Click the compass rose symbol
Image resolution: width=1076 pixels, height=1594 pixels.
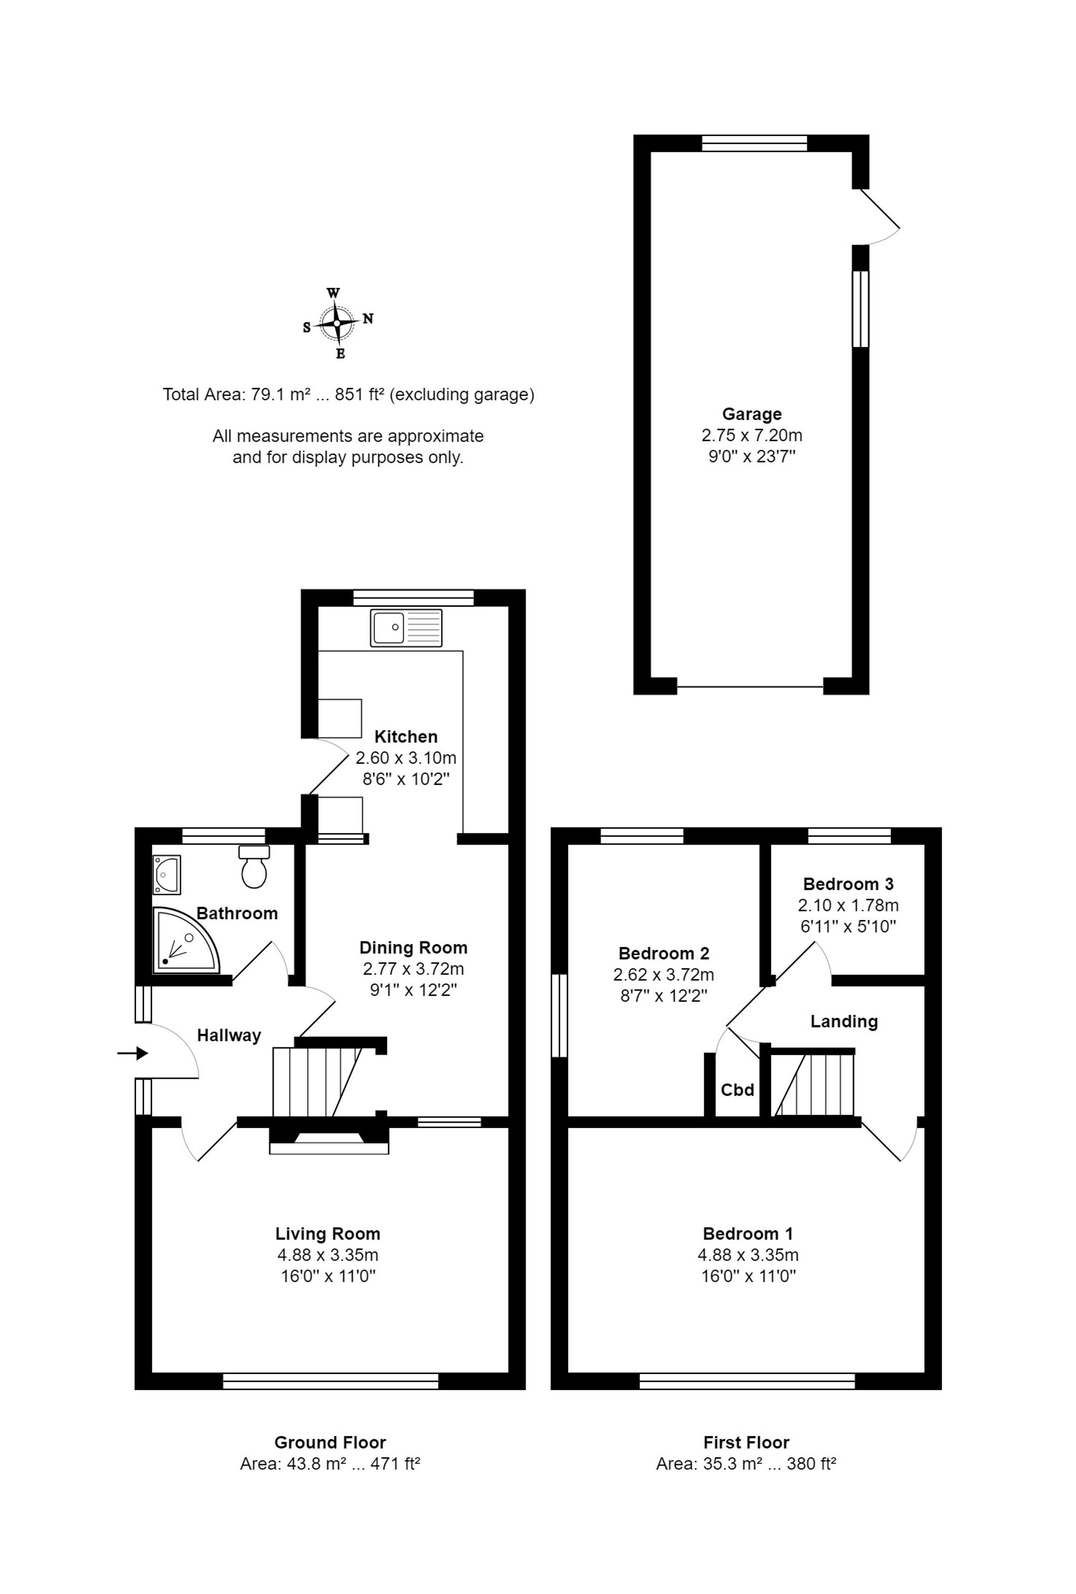[337, 323]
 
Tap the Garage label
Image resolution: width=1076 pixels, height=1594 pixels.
[752, 414]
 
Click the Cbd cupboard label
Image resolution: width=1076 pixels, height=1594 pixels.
[737, 1090]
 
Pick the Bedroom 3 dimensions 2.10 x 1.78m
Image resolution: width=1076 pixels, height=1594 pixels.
[848, 905]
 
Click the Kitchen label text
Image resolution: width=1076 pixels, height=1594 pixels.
[406, 736]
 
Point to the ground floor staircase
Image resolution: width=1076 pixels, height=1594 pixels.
[318, 1082]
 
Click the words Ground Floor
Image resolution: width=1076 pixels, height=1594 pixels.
[330, 1442]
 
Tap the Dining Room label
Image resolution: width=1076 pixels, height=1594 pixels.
[414, 948]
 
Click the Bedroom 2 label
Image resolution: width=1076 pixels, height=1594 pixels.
[664, 953]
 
